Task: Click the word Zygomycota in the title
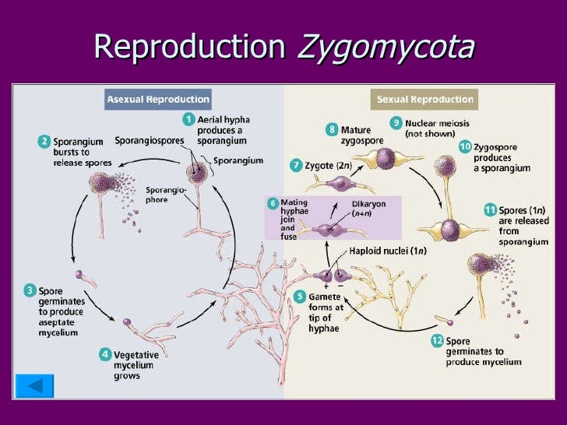click(386, 47)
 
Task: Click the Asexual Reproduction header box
click(158, 100)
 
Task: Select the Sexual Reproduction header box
click(424, 100)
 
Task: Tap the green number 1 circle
click(188, 119)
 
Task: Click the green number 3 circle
click(29, 291)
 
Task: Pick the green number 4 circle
click(105, 354)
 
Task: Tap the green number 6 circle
click(273, 203)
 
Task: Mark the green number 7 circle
click(296, 165)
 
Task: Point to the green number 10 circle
click(465, 146)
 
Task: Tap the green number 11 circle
click(489, 209)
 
